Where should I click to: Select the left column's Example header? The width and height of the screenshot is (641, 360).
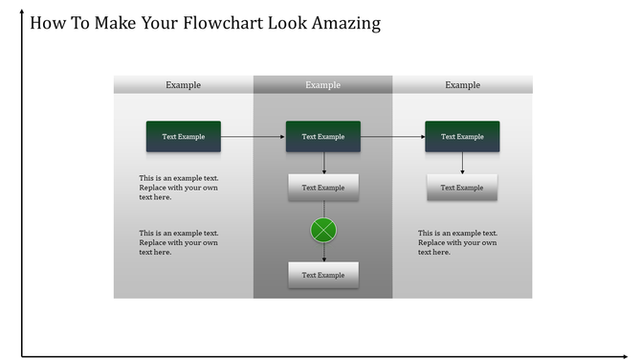click(183, 85)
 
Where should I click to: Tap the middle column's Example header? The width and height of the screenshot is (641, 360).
click(322, 85)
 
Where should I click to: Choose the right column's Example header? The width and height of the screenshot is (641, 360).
click(462, 85)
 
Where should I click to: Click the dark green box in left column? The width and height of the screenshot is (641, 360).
click(183, 137)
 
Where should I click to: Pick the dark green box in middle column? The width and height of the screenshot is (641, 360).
click(323, 137)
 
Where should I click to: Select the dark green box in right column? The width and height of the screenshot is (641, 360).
click(462, 137)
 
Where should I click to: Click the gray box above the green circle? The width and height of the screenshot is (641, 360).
click(323, 188)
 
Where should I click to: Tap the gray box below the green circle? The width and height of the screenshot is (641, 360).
click(323, 275)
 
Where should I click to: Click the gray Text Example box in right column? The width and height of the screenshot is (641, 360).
click(462, 188)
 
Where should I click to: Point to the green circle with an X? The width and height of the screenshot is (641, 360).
click(323, 230)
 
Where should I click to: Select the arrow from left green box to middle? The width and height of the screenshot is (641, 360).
click(253, 137)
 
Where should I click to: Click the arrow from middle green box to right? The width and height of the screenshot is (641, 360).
click(392, 137)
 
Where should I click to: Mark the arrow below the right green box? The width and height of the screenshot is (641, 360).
click(462, 163)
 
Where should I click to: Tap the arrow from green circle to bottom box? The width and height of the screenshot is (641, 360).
click(323, 252)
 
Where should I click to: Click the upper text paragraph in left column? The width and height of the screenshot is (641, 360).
click(179, 188)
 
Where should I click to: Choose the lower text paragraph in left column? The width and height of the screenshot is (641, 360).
click(179, 242)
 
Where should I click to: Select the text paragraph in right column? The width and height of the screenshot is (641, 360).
click(458, 242)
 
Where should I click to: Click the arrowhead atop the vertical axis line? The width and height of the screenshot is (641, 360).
click(22, 11)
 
